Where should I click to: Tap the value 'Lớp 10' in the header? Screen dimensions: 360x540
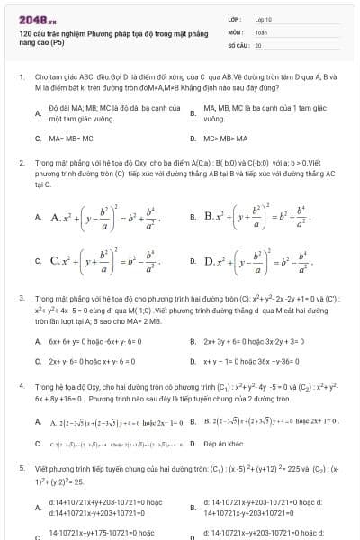tap(263, 18)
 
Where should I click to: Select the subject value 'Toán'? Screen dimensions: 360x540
tap(261, 31)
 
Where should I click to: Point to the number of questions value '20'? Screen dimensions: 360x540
tap(258, 44)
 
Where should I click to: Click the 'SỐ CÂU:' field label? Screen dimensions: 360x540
tap(238, 44)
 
